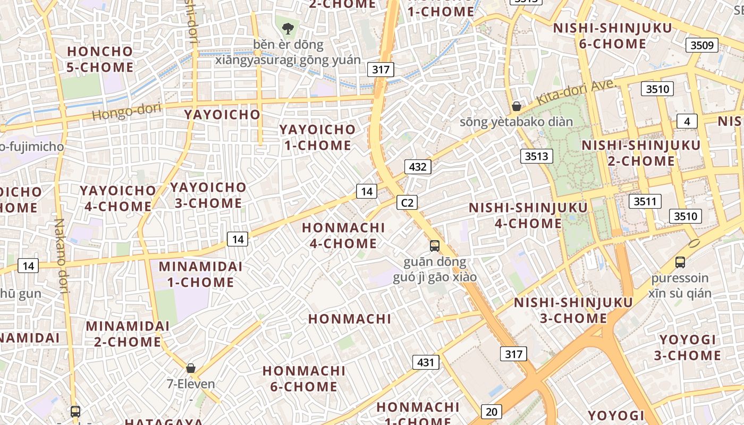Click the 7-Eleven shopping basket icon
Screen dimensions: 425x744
click(191, 368)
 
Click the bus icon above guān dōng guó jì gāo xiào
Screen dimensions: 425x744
click(435, 245)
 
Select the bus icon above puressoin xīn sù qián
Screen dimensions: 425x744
click(680, 262)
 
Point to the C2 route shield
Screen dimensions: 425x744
click(407, 202)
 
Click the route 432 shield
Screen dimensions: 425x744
click(418, 167)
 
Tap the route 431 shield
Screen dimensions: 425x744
click(426, 363)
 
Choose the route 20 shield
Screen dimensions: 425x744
click(491, 411)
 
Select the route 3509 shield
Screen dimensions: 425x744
click(701, 45)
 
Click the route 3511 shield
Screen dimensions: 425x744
click(645, 201)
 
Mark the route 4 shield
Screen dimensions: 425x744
click(687, 122)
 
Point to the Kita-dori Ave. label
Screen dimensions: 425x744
click(576, 92)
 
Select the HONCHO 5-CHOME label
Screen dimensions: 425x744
click(100, 59)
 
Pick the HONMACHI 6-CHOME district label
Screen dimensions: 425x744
click(304, 378)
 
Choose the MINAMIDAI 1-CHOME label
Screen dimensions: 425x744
click(200, 274)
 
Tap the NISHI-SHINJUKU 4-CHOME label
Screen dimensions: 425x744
click(528, 215)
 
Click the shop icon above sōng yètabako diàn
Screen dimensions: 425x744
click(516, 106)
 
